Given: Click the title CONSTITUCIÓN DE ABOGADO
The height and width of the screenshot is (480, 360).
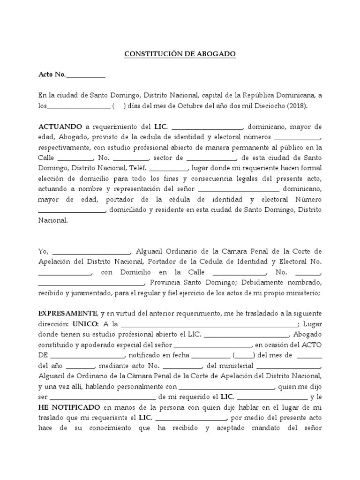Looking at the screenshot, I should click(x=180, y=54).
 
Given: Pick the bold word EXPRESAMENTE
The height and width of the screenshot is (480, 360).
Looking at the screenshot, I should click(x=67, y=313).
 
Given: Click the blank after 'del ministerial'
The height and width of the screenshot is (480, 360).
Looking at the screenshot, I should click(x=288, y=366).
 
